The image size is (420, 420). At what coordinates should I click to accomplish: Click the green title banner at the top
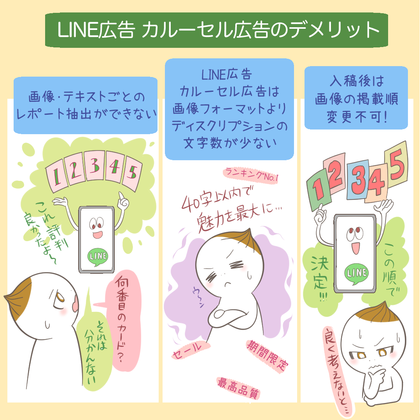click(217, 30)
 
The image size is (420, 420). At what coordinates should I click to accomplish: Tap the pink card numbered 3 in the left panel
click(94, 165)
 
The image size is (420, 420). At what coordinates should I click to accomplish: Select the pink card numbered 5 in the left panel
click(132, 173)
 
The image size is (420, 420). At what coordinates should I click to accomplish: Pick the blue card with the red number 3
click(358, 180)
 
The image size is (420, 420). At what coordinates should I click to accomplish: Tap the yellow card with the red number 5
click(396, 164)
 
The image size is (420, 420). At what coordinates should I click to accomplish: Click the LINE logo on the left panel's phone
click(98, 257)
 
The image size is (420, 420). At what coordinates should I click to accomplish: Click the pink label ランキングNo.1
click(251, 175)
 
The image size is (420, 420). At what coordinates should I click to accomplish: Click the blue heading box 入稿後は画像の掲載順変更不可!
click(356, 98)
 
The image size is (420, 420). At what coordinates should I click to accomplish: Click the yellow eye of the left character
click(60, 297)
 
